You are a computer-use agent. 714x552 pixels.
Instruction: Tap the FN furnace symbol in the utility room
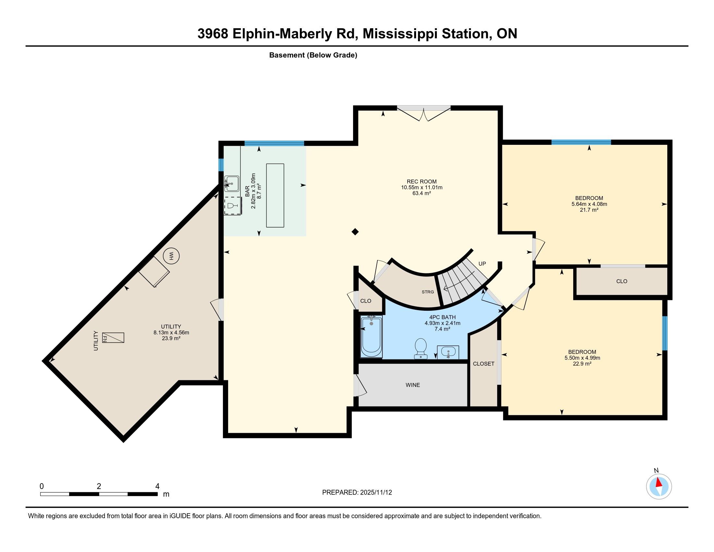tap(113, 337)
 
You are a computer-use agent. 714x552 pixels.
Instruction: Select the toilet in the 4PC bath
tap(421, 349)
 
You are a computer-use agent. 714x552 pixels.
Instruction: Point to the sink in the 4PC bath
tap(448, 352)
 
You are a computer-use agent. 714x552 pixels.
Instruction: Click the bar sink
tap(231, 184)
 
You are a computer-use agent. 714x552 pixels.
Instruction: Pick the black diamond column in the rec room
tap(355, 232)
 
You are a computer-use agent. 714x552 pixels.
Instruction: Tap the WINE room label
tap(413, 385)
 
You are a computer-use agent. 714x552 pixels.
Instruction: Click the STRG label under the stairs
tap(428, 292)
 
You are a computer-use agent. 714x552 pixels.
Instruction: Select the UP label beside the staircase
tap(482, 264)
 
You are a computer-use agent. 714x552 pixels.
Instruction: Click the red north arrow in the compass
tap(659, 482)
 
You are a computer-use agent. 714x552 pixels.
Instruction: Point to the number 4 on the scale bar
tap(157, 486)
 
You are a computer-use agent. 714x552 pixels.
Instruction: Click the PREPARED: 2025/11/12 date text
tap(357, 493)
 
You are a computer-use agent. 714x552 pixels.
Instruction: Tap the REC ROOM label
tap(422, 182)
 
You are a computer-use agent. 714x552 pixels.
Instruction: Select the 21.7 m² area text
tap(589, 210)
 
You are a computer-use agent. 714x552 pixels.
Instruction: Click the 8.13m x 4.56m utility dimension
tap(171, 332)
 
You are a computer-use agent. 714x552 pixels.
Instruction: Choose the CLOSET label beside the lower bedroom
tap(484, 364)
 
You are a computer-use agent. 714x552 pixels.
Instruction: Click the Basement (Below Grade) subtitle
tap(313, 55)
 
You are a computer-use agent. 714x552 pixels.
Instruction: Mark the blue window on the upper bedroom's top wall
tap(581, 142)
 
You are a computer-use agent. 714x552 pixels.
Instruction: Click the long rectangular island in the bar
tap(275, 195)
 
